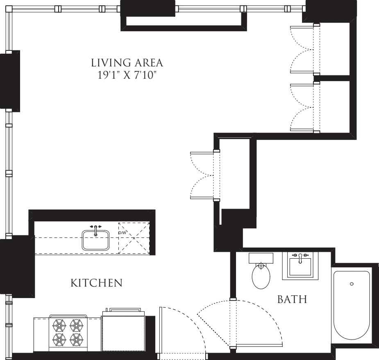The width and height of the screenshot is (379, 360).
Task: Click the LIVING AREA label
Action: [x=127, y=63]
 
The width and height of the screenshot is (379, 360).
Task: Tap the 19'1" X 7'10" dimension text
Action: [x=127, y=76]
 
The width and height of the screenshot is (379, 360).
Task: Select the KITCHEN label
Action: [x=97, y=283]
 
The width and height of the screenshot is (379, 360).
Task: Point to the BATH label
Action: [x=292, y=300]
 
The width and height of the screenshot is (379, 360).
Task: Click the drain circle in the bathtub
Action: [x=352, y=284]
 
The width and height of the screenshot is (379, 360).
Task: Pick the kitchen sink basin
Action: [x=96, y=241]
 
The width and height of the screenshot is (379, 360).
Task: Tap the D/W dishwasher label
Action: [x=122, y=233]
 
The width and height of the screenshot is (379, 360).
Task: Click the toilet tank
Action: [x=261, y=258]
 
